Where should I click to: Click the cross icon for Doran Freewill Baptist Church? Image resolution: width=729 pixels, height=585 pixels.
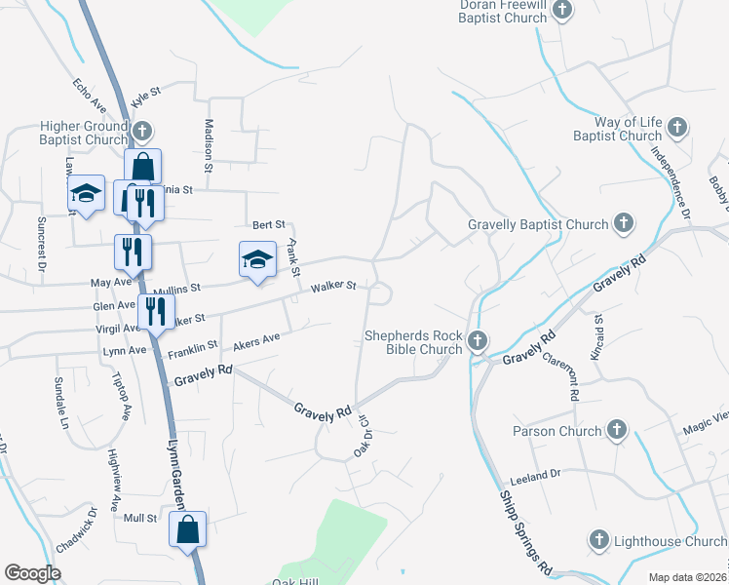coord(561,10)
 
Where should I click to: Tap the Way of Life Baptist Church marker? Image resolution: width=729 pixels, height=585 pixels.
coord(676,127)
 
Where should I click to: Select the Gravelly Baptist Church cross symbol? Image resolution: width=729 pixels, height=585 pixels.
coord(623,224)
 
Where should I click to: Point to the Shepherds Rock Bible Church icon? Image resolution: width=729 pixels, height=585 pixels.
coord(477,341)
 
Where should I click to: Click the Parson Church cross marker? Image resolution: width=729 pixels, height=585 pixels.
coord(616,430)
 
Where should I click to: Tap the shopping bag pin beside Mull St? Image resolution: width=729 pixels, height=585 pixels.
coord(188,530)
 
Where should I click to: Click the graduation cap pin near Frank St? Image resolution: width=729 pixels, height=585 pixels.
coord(257,260)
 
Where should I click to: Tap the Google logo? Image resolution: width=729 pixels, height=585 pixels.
coord(31,573)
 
